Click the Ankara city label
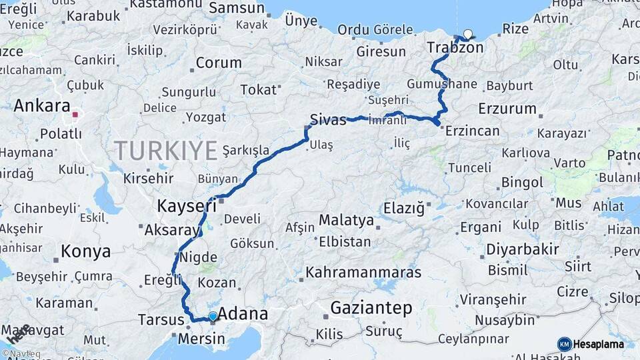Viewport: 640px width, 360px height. (x=41, y=105)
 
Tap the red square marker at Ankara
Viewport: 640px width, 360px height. (x=75, y=115)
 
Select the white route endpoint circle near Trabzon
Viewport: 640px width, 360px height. (x=467, y=35)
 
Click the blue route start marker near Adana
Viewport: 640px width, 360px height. (x=213, y=316)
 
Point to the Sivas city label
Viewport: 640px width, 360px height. (x=328, y=120)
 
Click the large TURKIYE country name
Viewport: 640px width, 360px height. (x=165, y=150)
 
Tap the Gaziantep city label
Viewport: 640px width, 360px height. (x=371, y=308)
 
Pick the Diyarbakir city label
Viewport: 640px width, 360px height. (x=522, y=249)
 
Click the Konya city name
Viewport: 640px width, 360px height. (x=85, y=251)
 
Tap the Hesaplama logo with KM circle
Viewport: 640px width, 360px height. (x=591, y=344)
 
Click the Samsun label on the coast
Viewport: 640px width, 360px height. (x=237, y=8)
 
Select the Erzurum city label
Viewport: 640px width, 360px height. (x=507, y=108)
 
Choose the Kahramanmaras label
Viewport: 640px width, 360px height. (x=363, y=272)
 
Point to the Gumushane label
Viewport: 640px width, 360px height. (x=442, y=84)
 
